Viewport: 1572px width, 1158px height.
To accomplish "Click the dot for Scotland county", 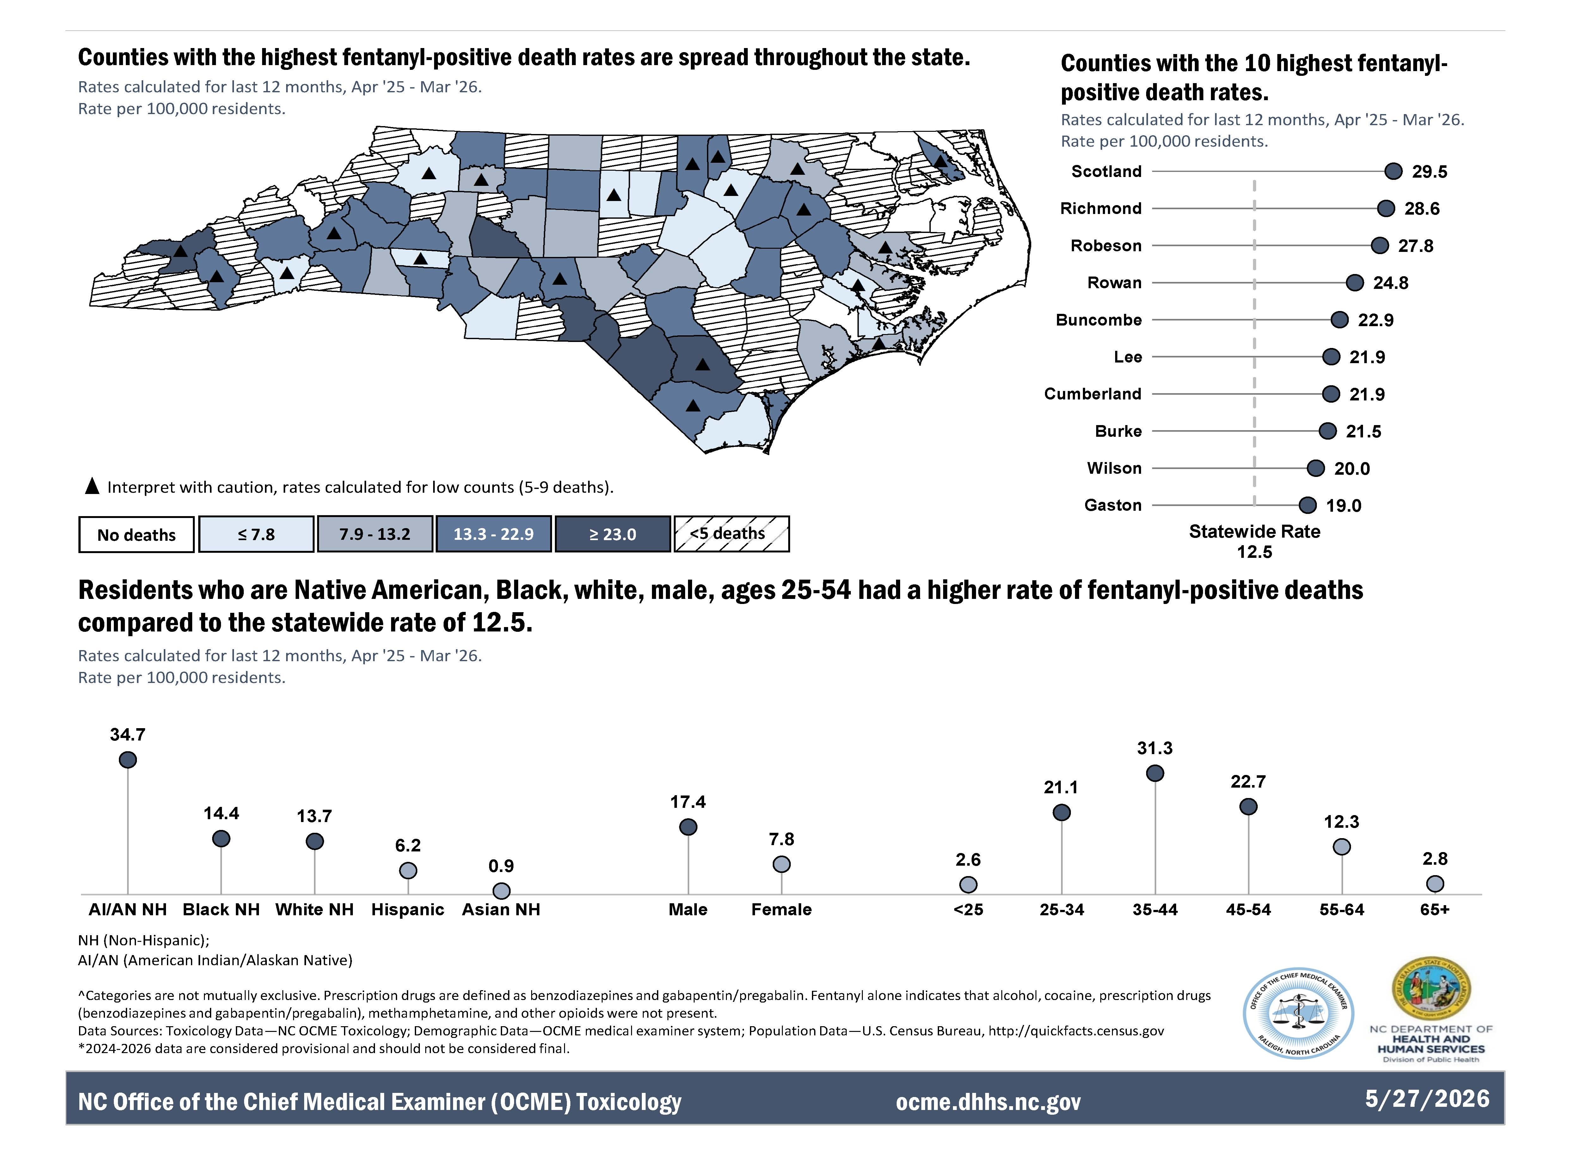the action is [1393, 171].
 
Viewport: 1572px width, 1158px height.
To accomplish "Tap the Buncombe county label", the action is [1099, 320].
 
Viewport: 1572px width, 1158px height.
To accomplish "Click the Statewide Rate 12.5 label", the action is [1254, 541].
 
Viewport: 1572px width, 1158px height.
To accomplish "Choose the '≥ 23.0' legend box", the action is [613, 534].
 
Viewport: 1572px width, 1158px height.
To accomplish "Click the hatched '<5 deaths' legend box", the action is [731, 534].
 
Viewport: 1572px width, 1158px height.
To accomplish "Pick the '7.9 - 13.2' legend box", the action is [374, 534].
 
